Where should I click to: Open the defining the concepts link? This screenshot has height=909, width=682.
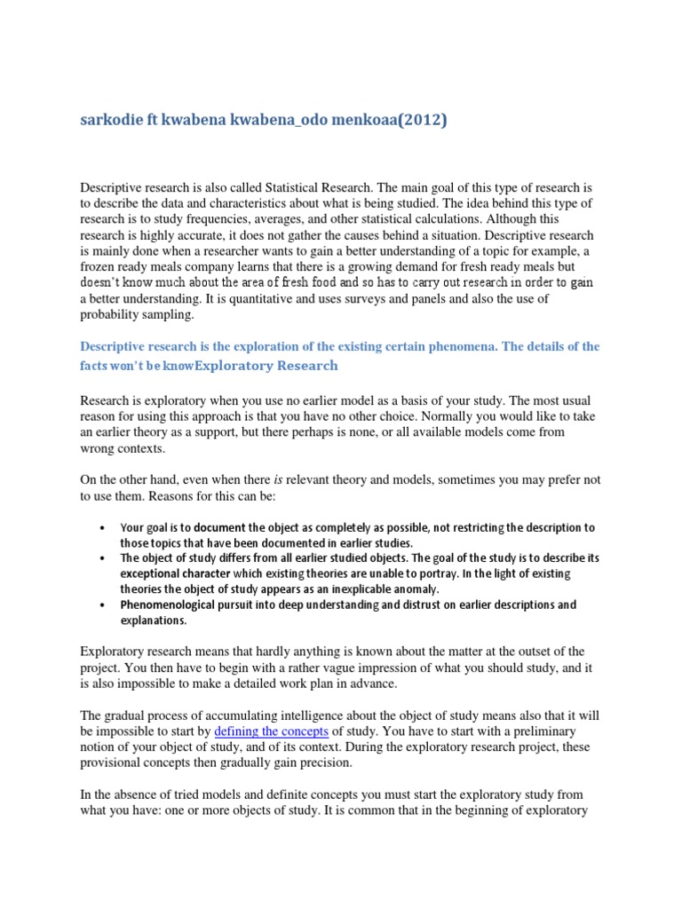click(272, 731)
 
